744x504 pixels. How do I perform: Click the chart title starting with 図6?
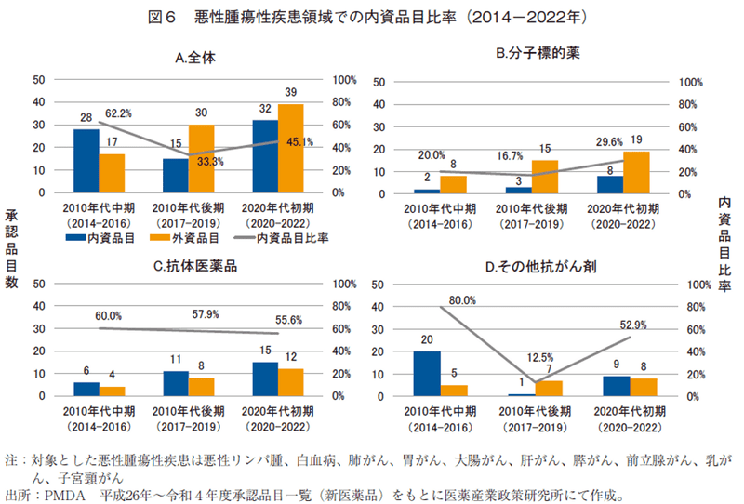pos(372,17)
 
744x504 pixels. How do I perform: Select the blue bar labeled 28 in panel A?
pos(86,160)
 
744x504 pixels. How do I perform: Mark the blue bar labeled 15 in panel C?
pos(265,378)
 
